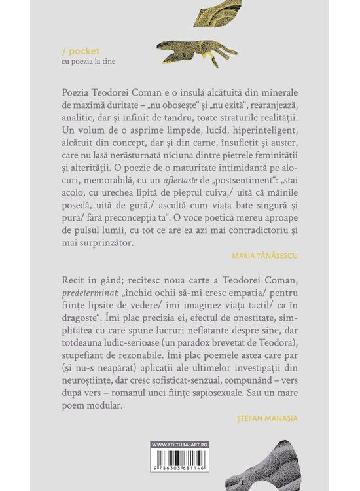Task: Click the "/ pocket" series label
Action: coord(73,48)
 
